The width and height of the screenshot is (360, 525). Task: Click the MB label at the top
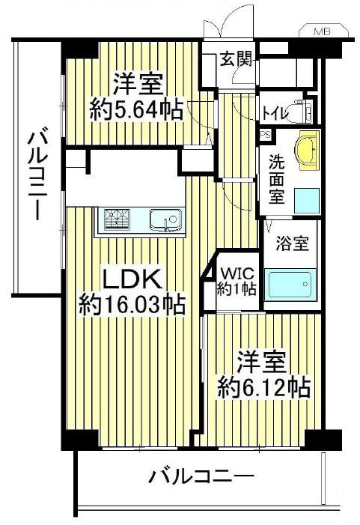322,31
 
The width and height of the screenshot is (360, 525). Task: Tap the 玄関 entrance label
236,60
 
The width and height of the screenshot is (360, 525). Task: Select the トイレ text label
275,113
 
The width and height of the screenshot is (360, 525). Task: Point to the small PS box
266,135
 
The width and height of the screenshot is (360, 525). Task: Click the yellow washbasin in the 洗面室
307,150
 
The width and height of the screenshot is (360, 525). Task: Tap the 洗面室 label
276,179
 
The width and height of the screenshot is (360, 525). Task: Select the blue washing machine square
306,201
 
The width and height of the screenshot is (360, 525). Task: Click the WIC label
237,273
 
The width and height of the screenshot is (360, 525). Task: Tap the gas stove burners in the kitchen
117,219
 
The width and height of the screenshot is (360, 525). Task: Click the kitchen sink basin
165,220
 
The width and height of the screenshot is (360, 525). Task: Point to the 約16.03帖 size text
132,304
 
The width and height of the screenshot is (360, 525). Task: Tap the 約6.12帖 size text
263,388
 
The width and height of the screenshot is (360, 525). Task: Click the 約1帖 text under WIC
237,288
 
